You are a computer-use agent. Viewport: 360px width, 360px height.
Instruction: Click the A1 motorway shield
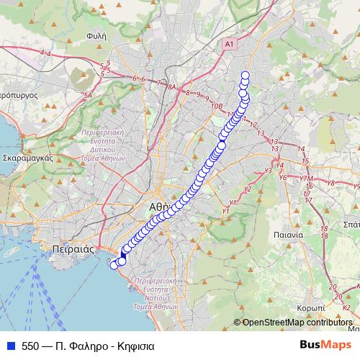229,45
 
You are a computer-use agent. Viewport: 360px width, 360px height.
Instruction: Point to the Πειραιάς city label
75,248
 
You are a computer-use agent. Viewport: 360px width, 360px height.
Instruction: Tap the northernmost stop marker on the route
245,76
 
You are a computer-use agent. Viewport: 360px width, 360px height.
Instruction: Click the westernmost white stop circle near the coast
113,264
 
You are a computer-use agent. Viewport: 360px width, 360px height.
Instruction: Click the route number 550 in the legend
31,346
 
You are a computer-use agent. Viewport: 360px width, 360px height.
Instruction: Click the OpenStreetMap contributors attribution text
297,323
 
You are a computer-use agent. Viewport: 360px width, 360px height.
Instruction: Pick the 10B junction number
217,104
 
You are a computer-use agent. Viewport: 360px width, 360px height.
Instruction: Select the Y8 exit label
331,184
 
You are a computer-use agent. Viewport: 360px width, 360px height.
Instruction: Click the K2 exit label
346,307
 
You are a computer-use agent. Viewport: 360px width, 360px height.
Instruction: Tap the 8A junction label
171,86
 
